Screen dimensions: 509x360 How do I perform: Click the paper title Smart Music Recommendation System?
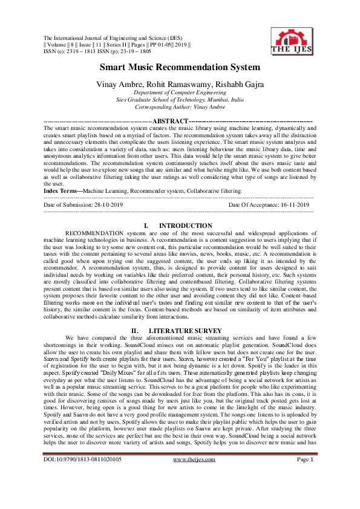pos(180,67)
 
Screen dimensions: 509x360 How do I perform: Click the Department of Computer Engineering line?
pos(180,92)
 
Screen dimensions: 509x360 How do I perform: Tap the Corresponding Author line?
pos(180,107)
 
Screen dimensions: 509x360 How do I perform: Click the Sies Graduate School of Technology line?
pos(180,100)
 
